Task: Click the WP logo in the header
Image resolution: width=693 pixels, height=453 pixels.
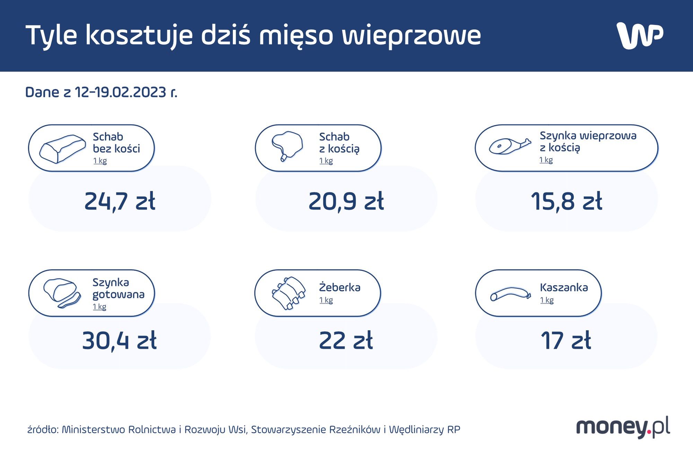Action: click(x=640, y=35)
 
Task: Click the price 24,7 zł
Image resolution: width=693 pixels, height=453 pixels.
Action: click(x=120, y=201)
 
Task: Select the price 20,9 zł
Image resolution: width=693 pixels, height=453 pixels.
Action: click(x=346, y=201)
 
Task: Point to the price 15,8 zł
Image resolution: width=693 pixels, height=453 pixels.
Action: click(x=567, y=201)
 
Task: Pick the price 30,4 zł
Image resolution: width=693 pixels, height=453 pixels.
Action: click(x=120, y=340)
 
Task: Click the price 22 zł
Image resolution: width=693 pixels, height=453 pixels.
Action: click(x=346, y=340)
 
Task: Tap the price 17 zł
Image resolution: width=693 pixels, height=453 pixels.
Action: click(x=566, y=340)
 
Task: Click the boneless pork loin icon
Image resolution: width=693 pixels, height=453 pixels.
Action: click(x=62, y=149)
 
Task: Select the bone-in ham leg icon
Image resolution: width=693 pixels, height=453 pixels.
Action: click(x=509, y=146)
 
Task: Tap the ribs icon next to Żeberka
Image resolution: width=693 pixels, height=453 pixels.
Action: click(x=289, y=293)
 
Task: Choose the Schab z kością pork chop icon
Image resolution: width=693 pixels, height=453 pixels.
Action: click(x=287, y=146)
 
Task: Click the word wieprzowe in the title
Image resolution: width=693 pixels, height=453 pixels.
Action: click(x=411, y=35)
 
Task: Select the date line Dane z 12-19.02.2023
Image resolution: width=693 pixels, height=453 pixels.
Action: click(x=101, y=92)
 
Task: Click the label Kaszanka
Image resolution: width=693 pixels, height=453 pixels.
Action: click(x=564, y=287)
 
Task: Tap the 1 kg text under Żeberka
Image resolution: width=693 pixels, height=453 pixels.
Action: click(x=326, y=300)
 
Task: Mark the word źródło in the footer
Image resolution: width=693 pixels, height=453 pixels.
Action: click(x=42, y=430)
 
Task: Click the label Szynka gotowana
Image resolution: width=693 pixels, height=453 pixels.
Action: click(x=118, y=288)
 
